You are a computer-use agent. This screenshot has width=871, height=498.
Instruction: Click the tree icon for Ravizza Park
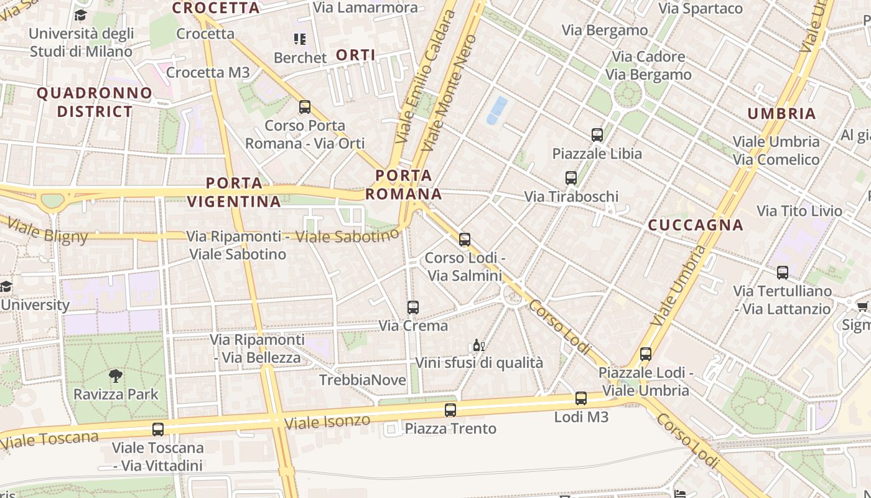(x=115, y=375)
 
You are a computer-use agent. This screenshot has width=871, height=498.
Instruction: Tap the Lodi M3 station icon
(x=581, y=398)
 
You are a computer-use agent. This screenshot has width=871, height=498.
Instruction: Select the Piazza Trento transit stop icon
(x=450, y=410)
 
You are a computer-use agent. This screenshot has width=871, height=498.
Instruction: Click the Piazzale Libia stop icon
(x=597, y=134)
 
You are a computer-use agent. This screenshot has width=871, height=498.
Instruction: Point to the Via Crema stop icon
(x=413, y=307)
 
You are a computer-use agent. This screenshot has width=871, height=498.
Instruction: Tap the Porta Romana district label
(x=404, y=184)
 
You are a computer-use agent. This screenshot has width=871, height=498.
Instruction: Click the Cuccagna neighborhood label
(x=696, y=225)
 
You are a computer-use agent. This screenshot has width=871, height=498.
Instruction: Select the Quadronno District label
(x=95, y=102)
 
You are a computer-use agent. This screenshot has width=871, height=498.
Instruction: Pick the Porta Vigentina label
(x=234, y=192)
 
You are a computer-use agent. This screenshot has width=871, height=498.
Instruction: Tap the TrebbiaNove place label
(x=362, y=380)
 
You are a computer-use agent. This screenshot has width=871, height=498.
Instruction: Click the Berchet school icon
(x=300, y=39)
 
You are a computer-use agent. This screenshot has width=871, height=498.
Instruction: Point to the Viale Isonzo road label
(x=327, y=422)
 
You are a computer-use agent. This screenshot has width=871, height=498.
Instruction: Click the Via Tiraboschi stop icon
(x=571, y=178)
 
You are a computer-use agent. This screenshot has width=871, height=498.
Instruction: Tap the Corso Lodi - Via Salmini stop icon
(x=465, y=239)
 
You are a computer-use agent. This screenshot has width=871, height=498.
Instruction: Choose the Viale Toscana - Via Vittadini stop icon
(x=158, y=429)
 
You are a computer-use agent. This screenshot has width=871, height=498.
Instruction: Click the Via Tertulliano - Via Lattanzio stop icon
(x=783, y=272)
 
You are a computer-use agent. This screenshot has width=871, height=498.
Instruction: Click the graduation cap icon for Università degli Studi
(x=81, y=15)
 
